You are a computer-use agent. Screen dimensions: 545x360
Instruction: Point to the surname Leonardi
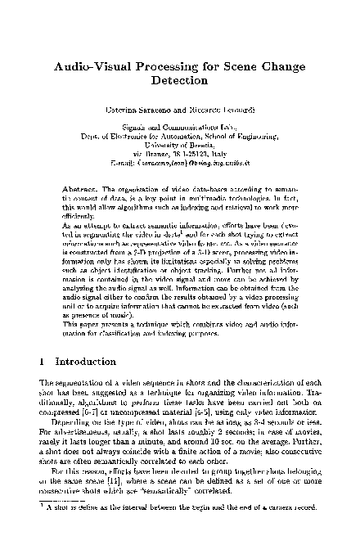tap(224, 110)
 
